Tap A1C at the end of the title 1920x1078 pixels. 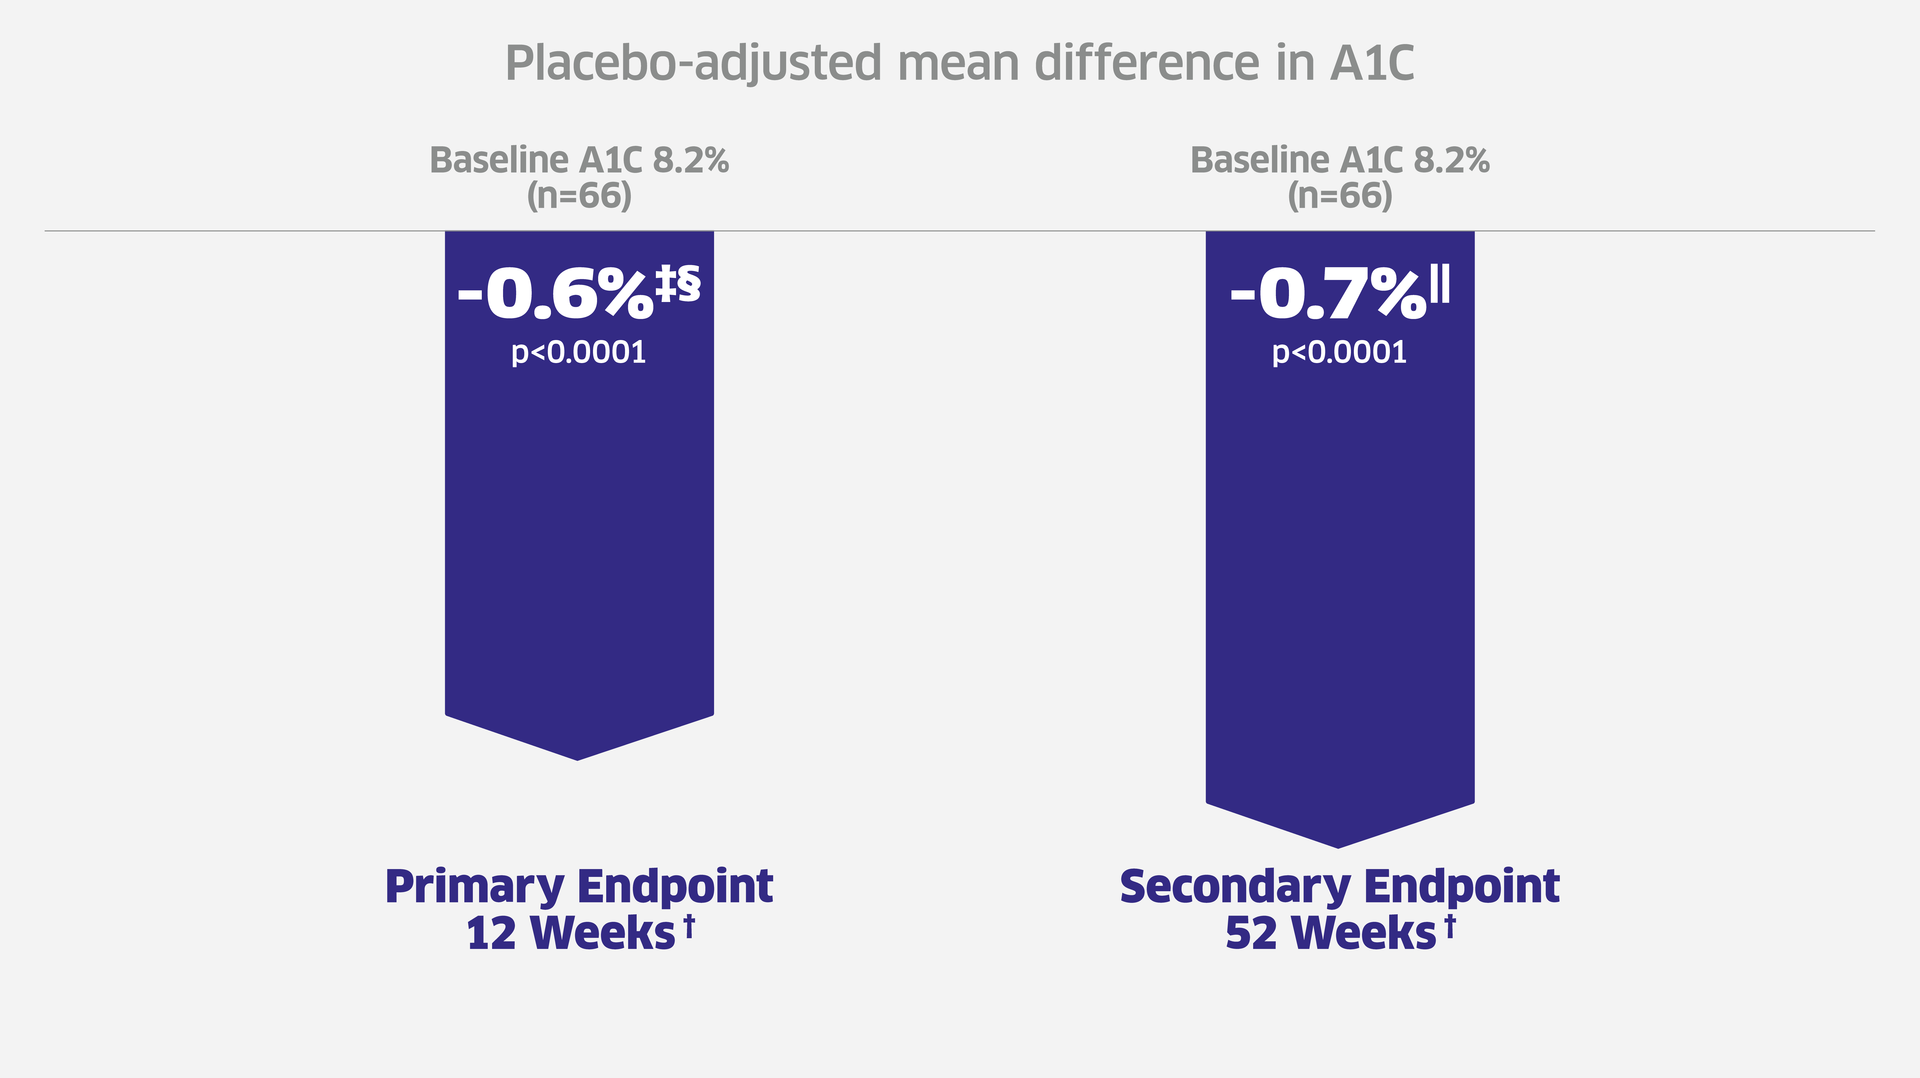(x=1372, y=63)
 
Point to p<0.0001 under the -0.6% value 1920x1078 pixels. (x=578, y=352)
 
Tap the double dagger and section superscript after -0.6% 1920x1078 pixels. (x=678, y=283)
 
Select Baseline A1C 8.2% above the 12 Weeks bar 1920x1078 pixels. (x=579, y=160)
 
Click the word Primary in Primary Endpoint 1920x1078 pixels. (x=474, y=887)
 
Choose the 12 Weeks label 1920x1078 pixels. (x=570, y=933)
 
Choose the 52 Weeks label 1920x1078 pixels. (x=1330, y=933)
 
